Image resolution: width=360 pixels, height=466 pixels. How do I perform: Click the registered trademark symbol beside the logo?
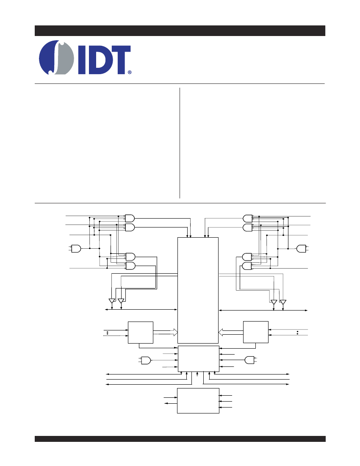point(130,72)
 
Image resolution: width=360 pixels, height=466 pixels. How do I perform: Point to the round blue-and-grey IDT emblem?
point(56,57)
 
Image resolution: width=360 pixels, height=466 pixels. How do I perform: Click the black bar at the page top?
point(180,31)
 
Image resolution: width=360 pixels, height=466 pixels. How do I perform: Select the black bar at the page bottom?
point(180,438)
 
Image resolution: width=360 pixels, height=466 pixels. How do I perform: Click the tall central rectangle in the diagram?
point(198,290)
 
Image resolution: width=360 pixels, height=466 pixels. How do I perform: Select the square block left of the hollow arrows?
point(141,332)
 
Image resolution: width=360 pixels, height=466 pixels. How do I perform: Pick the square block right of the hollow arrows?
point(256,332)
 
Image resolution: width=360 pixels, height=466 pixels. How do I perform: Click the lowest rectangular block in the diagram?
point(198,401)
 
